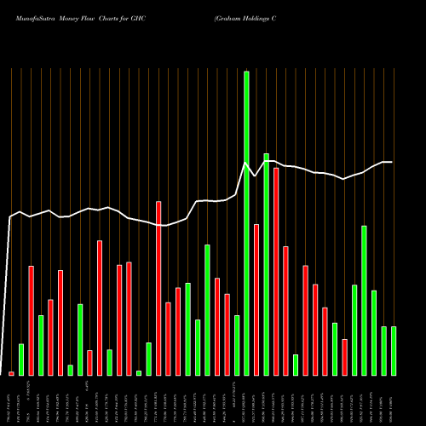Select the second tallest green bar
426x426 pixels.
pos(267,264)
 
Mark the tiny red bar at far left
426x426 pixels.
pos(11,373)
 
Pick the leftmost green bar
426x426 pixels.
pos(21,359)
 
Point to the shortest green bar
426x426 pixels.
pos(139,372)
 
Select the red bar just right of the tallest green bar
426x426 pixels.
pos(256,299)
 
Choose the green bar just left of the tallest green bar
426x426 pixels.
pos(237,345)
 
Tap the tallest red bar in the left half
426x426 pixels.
pos(158,288)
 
